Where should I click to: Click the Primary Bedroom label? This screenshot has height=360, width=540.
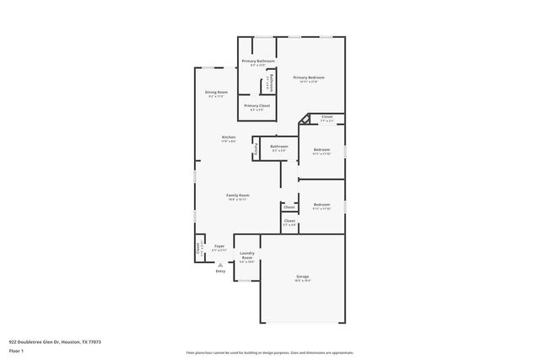(309, 78)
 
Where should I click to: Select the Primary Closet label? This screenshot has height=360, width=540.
(256, 105)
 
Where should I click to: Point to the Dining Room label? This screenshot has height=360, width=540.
(216, 92)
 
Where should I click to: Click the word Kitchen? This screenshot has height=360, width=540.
(229, 137)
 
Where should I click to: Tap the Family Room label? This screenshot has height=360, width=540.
(238, 195)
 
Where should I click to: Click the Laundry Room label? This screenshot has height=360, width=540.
(247, 255)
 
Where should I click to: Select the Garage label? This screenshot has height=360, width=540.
(302, 276)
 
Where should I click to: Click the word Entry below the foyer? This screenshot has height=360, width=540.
(220, 271)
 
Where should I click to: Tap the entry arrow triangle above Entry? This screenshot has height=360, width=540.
(220, 264)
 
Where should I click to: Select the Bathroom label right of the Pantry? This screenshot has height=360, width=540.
(279, 146)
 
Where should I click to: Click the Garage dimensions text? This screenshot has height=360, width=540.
(302, 280)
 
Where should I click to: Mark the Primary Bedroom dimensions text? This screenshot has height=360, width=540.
(309, 82)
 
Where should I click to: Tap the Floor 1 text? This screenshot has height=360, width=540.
(16, 352)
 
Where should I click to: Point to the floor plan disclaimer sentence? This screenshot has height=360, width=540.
(270, 352)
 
